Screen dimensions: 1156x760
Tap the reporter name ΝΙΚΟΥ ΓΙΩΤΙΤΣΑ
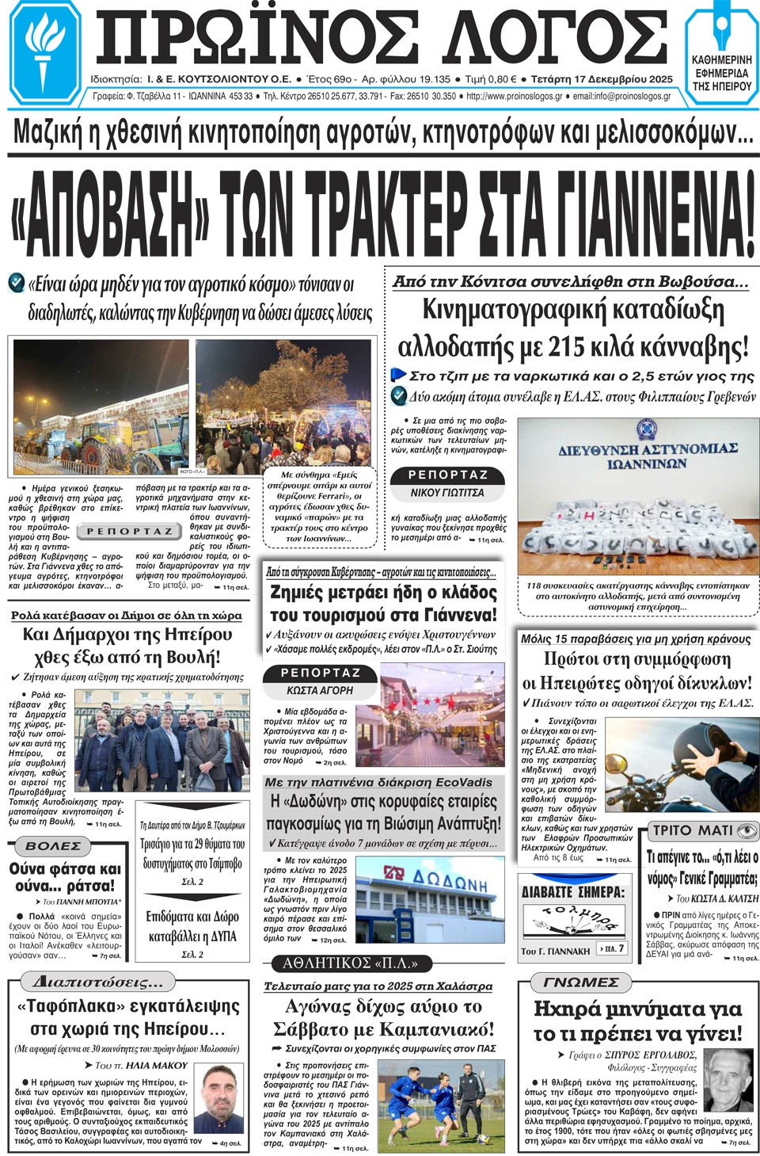447,493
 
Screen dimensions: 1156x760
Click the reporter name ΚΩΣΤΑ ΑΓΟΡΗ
320,691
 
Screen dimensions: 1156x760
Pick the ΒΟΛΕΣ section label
53,846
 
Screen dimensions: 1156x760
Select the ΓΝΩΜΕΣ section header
581,982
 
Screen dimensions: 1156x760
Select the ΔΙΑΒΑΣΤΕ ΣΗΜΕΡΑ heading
572,892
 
